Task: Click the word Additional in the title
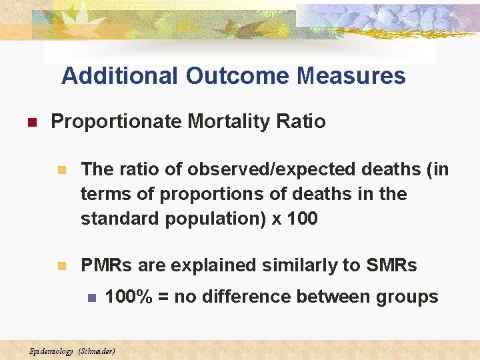tap(121, 76)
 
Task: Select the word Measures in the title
tap(351, 76)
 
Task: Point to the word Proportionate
tap(117, 121)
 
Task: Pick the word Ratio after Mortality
tap(305, 121)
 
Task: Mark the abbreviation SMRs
tap(391, 265)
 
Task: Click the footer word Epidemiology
tap(51, 351)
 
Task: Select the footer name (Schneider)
tap(97, 351)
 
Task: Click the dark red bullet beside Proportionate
tap(30, 123)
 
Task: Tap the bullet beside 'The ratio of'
tap(62, 171)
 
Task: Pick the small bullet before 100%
tap(92, 297)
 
